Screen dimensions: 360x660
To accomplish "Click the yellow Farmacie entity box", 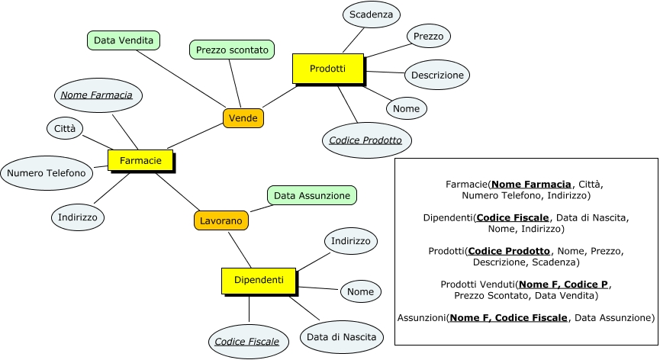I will point(140,160).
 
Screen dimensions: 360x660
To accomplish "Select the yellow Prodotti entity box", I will point(327,69).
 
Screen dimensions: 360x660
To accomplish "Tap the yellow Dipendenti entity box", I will point(253,280).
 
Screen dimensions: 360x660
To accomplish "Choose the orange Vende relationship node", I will point(243,118).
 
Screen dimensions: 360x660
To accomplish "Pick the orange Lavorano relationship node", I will point(221,220).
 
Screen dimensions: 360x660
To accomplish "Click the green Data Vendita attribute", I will point(123,40).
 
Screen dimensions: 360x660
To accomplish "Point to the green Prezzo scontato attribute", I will point(232,50).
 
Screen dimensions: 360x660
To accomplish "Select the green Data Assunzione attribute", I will point(312,196).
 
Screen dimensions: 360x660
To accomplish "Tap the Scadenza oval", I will point(371,14).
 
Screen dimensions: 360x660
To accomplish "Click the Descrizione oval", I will point(436,75).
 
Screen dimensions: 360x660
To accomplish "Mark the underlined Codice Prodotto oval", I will point(365,140).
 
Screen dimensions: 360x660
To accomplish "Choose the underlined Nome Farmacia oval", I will point(97,95).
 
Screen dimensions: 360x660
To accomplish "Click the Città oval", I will point(65,129).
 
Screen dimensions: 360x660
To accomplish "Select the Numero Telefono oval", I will point(47,173).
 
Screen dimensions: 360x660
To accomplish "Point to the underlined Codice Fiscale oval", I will point(246,341).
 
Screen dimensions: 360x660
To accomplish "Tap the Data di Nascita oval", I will point(341,336).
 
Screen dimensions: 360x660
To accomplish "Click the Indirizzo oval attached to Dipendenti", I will point(350,241).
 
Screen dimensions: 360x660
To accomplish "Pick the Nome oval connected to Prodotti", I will point(407,108).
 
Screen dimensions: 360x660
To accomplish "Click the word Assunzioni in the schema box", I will point(422,317).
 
